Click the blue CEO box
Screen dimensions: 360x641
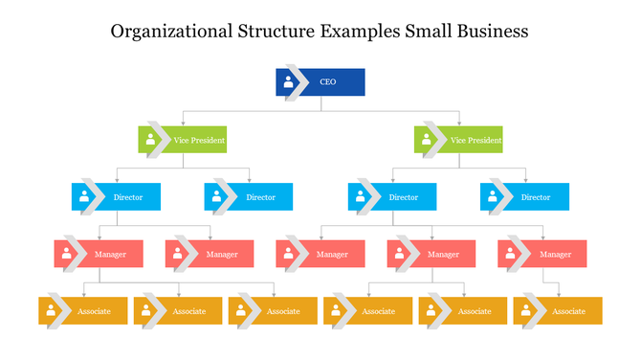(x=320, y=82)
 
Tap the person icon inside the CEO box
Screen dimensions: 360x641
(x=288, y=82)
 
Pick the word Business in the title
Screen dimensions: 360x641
(x=490, y=31)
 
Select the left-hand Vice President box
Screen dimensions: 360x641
(x=183, y=140)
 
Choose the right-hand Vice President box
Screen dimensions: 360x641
(x=459, y=140)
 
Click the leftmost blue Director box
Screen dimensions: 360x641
(x=116, y=197)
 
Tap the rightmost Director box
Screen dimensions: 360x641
(x=524, y=197)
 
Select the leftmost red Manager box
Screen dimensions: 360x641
(x=98, y=254)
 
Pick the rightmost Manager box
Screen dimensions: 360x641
(x=542, y=254)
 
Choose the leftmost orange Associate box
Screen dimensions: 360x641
(x=83, y=311)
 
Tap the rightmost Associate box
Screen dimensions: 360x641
(x=558, y=311)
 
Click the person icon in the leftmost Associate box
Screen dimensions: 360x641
(x=51, y=311)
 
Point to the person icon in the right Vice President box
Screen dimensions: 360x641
(x=427, y=140)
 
